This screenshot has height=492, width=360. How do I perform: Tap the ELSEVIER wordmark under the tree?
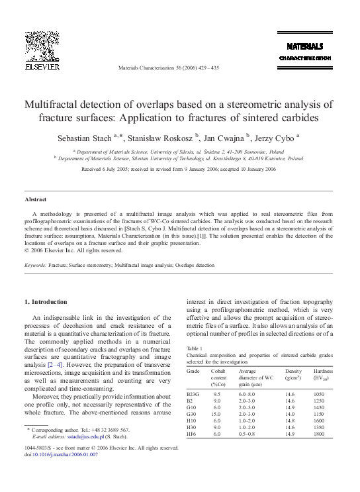pos(42,68)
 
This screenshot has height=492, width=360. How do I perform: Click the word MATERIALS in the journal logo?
pos(304,47)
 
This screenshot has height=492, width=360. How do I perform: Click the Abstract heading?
pos(36,199)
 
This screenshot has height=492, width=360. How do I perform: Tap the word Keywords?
pos(35,264)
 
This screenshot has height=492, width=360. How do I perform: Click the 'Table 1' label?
pos(195,348)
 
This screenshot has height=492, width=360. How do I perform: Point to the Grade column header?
pos(193,371)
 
